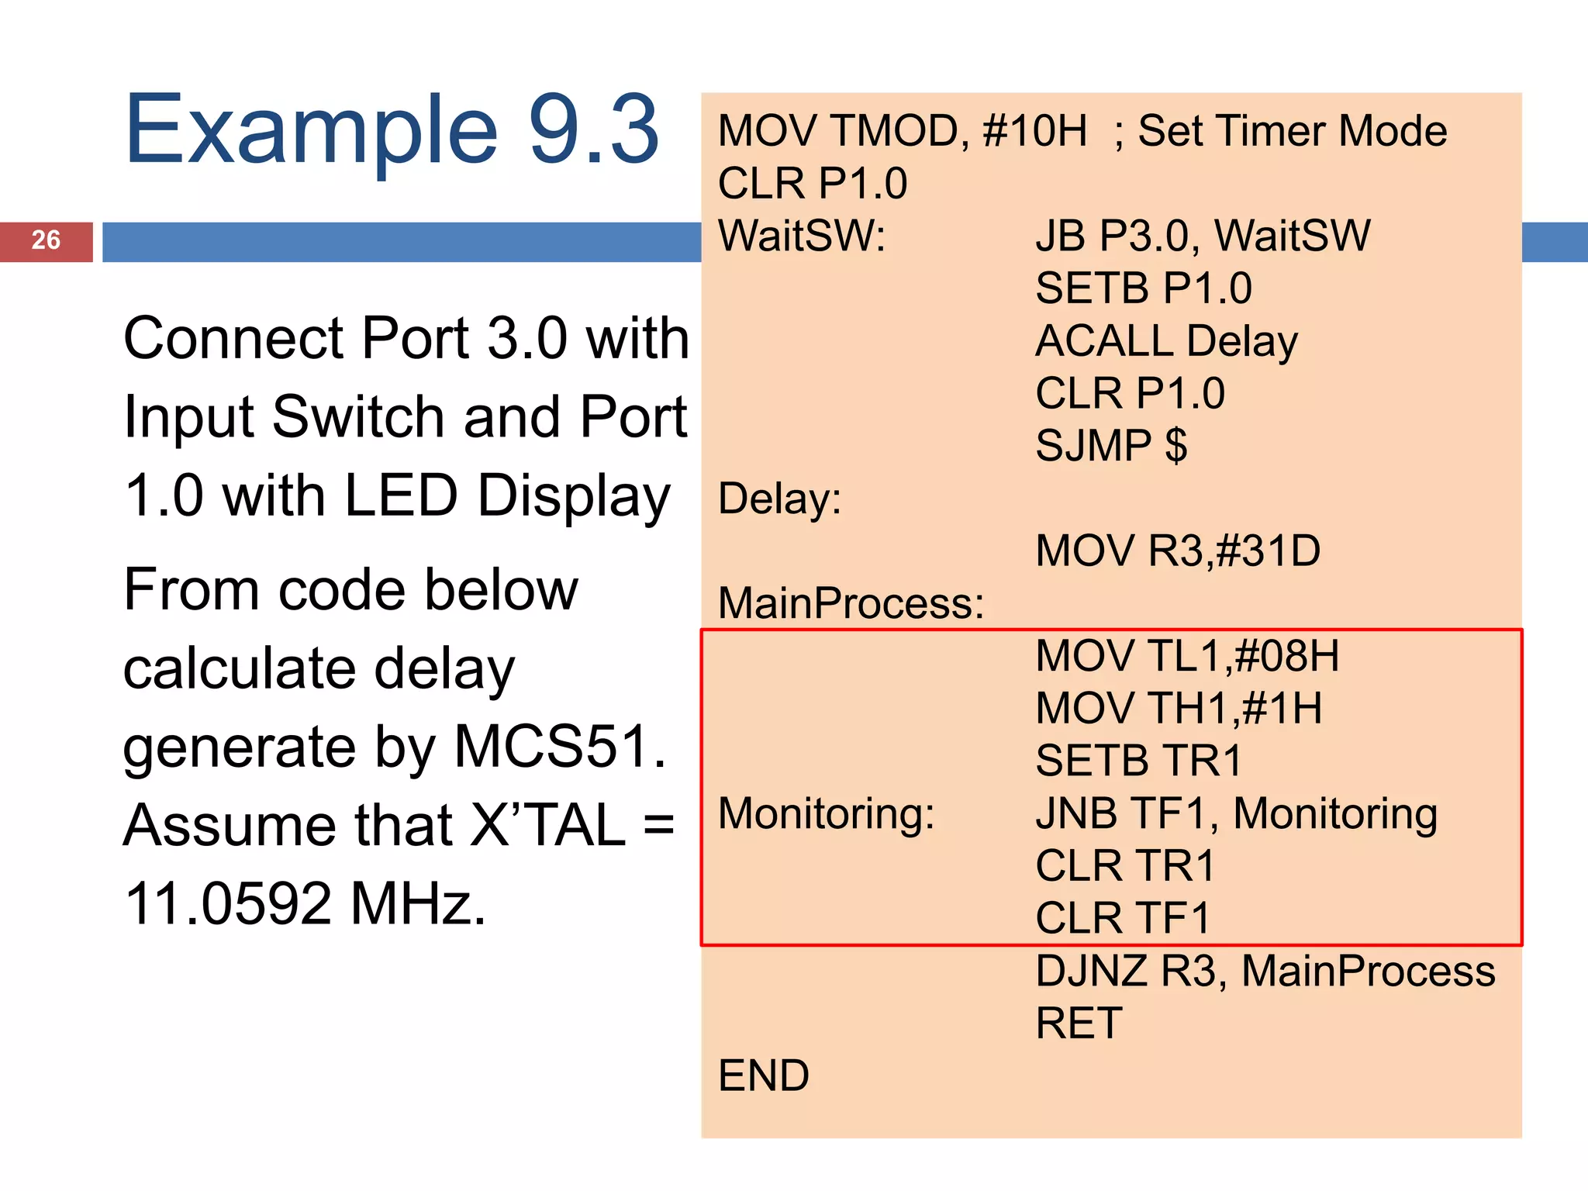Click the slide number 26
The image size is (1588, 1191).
[x=46, y=240]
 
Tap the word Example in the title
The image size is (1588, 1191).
[x=310, y=130]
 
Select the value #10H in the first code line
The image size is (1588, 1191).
[x=1034, y=131]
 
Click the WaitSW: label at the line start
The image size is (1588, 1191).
[x=802, y=236]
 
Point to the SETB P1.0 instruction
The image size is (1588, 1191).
[x=1144, y=288]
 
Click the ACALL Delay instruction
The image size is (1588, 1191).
[x=1166, y=341]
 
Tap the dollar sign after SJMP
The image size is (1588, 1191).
[x=1175, y=446]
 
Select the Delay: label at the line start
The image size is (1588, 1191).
[x=779, y=499]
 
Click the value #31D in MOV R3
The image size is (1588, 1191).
[x=1269, y=551]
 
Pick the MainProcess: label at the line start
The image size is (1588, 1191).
[x=851, y=603]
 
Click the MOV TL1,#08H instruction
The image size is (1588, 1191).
[x=1187, y=656]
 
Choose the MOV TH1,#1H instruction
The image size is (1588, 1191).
[x=1179, y=709]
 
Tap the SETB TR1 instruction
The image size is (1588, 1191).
[x=1138, y=761]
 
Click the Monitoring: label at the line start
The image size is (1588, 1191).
[x=827, y=813]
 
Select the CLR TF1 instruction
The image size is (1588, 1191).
[x=1123, y=919]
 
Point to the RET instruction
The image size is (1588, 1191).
[x=1079, y=1024]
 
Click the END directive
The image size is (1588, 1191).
[x=764, y=1076]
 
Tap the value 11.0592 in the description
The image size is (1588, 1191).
[x=229, y=904]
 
